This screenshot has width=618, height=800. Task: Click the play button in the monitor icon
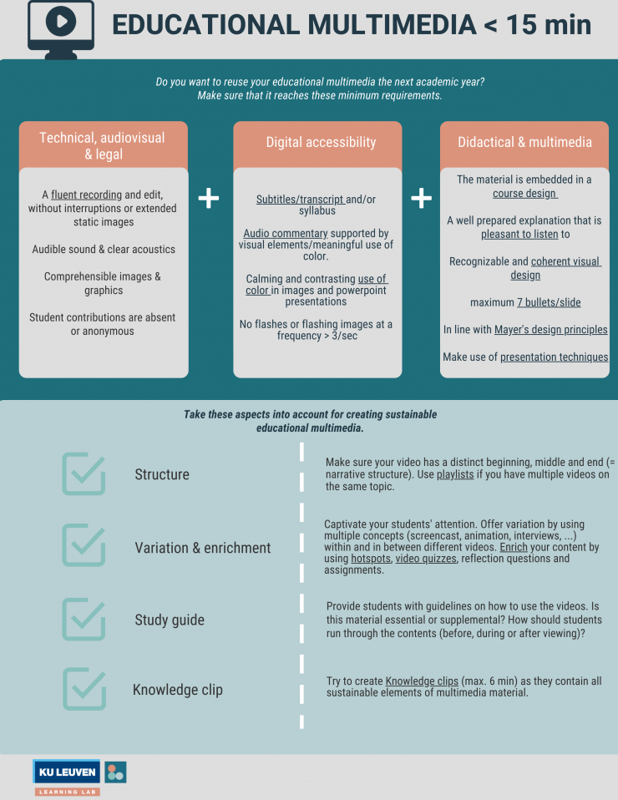(x=61, y=21)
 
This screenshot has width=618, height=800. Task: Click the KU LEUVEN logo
(x=66, y=772)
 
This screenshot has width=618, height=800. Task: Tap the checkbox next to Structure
(x=84, y=473)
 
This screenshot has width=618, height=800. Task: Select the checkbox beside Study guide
(x=84, y=619)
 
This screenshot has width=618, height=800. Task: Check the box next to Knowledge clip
(x=84, y=689)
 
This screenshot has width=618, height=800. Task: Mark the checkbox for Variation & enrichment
(x=84, y=545)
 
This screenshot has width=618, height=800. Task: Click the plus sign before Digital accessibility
(x=209, y=198)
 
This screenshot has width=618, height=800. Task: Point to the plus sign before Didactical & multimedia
(x=422, y=198)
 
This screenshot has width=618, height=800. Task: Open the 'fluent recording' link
(x=86, y=195)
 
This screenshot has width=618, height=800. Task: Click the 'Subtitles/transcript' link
(x=300, y=200)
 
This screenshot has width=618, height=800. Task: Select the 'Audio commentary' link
(x=286, y=233)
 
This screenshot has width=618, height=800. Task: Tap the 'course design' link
(x=524, y=194)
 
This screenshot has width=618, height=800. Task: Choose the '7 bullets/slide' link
(x=549, y=302)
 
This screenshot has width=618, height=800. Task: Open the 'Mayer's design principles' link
(x=551, y=330)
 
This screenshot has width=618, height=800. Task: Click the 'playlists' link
(x=455, y=474)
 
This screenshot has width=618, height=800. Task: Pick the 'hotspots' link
(x=371, y=559)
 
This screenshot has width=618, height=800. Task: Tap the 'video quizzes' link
(x=426, y=559)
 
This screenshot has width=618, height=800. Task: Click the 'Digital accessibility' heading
(x=321, y=142)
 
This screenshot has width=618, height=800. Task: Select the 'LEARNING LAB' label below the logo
(x=68, y=792)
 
